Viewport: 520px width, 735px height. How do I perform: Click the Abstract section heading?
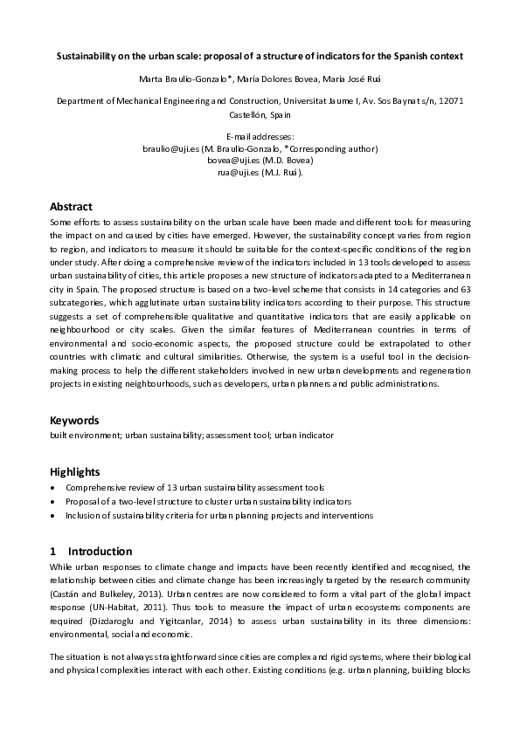coord(71,207)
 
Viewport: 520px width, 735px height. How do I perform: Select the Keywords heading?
coord(74,420)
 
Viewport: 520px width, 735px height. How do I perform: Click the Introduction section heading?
coord(100,552)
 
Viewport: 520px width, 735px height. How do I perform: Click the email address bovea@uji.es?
coord(231,161)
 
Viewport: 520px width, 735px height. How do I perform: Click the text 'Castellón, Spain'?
coord(260,114)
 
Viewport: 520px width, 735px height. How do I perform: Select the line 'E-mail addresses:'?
coord(260,138)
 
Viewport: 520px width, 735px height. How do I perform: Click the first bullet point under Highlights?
coord(194,488)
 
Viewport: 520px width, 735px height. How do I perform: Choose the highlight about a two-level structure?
coord(208,502)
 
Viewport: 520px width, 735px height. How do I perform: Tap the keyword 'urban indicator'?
coord(304,435)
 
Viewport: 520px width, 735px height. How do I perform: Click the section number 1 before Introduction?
coord(53,552)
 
